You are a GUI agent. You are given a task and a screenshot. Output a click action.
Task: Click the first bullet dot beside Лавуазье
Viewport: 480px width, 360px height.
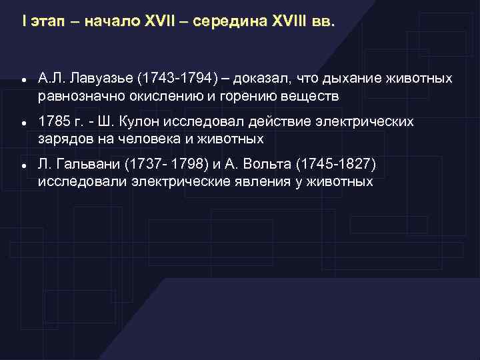pyautogui.click(x=24, y=80)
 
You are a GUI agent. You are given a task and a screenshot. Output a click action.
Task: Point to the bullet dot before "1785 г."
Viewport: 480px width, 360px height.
pyautogui.click(x=24, y=123)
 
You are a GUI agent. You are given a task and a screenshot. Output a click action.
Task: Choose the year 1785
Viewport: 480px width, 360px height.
pyautogui.click(x=53, y=122)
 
